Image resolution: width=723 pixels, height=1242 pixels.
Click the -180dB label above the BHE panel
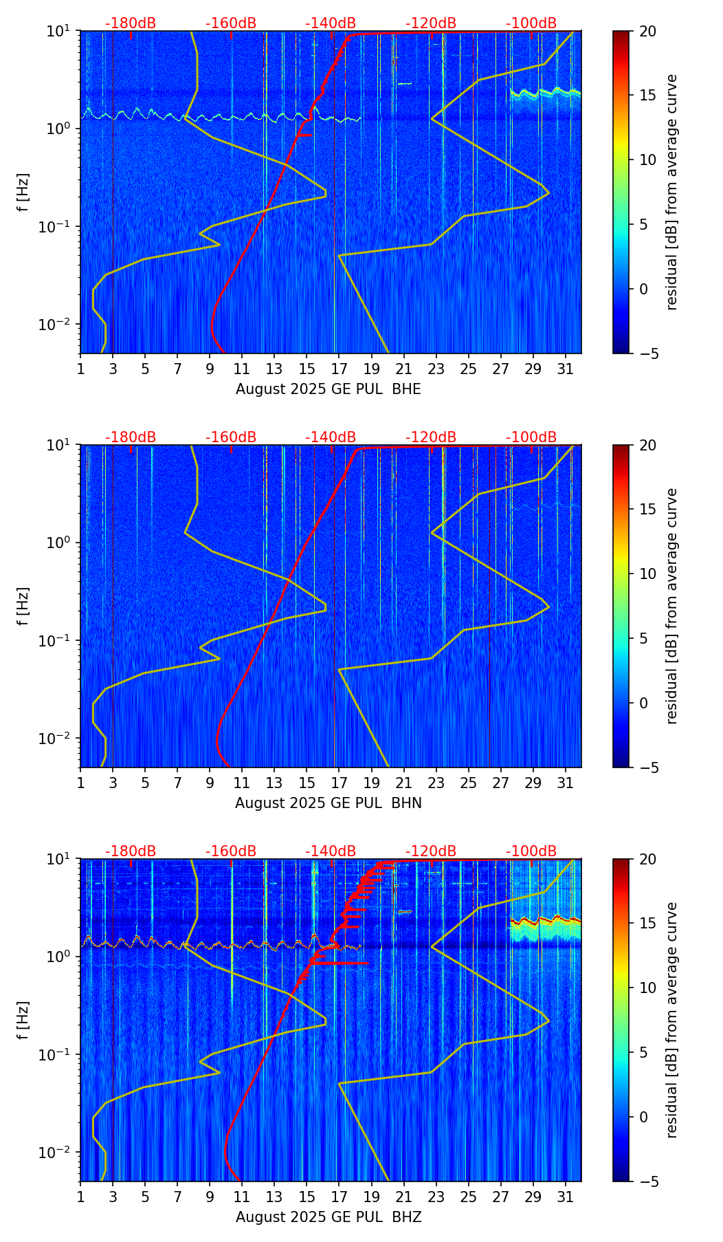point(131,23)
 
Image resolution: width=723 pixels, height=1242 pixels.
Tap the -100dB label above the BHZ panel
point(531,851)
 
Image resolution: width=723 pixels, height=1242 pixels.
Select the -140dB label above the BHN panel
point(331,437)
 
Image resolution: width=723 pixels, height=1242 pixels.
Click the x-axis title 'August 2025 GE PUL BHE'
point(328,389)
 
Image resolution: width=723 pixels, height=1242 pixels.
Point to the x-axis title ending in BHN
point(328,803)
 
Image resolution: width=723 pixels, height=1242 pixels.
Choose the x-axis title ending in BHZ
point(328,1217)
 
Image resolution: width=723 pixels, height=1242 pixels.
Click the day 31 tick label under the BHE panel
point(565,369)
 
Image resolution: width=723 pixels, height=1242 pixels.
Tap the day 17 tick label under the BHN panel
point(339,783)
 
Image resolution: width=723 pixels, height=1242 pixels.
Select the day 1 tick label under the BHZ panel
point(80,1197)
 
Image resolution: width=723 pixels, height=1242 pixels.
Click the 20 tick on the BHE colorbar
point(647,31)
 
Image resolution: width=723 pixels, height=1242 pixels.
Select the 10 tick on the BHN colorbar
point(647,574)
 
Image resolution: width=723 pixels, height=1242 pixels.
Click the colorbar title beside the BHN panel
point(671,606)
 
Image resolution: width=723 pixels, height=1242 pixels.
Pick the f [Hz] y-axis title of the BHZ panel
point(24,1020)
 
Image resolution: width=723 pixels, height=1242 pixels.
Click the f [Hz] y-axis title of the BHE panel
point(24,192)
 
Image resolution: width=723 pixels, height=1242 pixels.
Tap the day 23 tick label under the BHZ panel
point(436,1197)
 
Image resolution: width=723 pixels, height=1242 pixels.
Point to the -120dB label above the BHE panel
point(431,23)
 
